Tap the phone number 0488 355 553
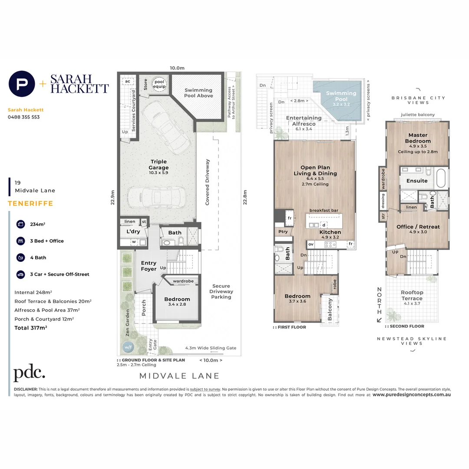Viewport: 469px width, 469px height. [x=24, y=117]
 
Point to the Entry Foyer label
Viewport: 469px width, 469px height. [x=149, y=266]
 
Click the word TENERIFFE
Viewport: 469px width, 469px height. [x=30, y=203]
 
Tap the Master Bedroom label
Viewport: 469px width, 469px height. [x=417, y=138]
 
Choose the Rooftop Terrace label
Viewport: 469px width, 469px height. [x=412, y=296]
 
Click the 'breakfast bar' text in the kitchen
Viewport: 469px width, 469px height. [x=324, y=211]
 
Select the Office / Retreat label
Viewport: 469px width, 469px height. [x=418, y=227]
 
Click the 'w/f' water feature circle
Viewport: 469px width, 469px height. [x=128, y=347]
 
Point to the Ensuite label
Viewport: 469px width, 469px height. [x=417, y=181]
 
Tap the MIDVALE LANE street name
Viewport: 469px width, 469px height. [x=179, y=376]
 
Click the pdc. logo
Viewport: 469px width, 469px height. [x=29, y=373]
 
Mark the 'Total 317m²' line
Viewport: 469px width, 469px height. [x=30, y=327]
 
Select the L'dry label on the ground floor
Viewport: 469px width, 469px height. [x=133, y=232]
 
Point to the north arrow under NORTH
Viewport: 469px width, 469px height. [x=379, y=320]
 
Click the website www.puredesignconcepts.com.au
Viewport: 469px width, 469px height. [x=411, y=395]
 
